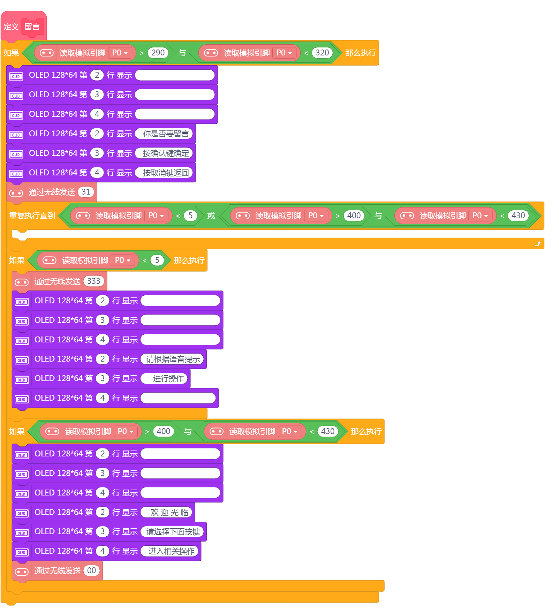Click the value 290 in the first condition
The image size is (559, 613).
158,53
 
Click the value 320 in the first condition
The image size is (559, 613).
322,53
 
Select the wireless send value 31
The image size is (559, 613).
86,192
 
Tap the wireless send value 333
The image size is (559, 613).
94,281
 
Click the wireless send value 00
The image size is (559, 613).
91,570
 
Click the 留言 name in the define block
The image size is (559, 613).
32,27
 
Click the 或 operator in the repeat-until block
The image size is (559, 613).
211,216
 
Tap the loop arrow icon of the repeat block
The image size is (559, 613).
538,244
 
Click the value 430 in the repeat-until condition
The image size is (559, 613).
518,215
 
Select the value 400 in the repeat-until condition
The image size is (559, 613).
354,215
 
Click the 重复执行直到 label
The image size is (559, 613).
32,216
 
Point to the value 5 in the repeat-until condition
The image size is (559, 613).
190,215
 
